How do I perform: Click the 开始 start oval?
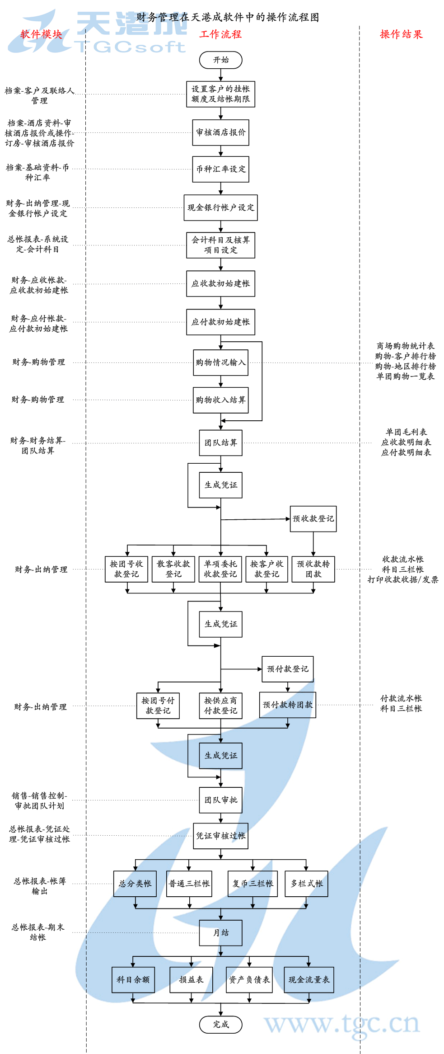(x=220, y=60)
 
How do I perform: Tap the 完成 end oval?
(x=220, y=1024)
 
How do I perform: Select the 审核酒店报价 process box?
(x=220, y=132)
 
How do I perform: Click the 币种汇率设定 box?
(x=220, y=169)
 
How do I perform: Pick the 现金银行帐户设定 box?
(x=220, y=207)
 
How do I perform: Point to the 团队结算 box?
(x=220, y=442)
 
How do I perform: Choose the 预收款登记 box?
(x=313, y=518)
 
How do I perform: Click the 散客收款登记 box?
(x=173, y=569)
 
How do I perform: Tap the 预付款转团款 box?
(x=287, y=705)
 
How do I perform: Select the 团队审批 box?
(x=220, y=800)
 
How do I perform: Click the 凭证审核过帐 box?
(x=220, y=836)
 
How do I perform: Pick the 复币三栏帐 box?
(x=252, y=884)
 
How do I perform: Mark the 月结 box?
(x=220, y=933)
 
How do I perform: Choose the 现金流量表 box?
(x=309, y=979)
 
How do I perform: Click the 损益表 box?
(x=191, y=979)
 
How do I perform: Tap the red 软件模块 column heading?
(x=41, y=34)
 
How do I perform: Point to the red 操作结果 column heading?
(x=401, y=34)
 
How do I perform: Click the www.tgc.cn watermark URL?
(x=342, y=1023)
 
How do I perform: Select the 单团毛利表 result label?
(x=406, y=432)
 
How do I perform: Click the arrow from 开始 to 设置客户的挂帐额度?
(x=220, y=75)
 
